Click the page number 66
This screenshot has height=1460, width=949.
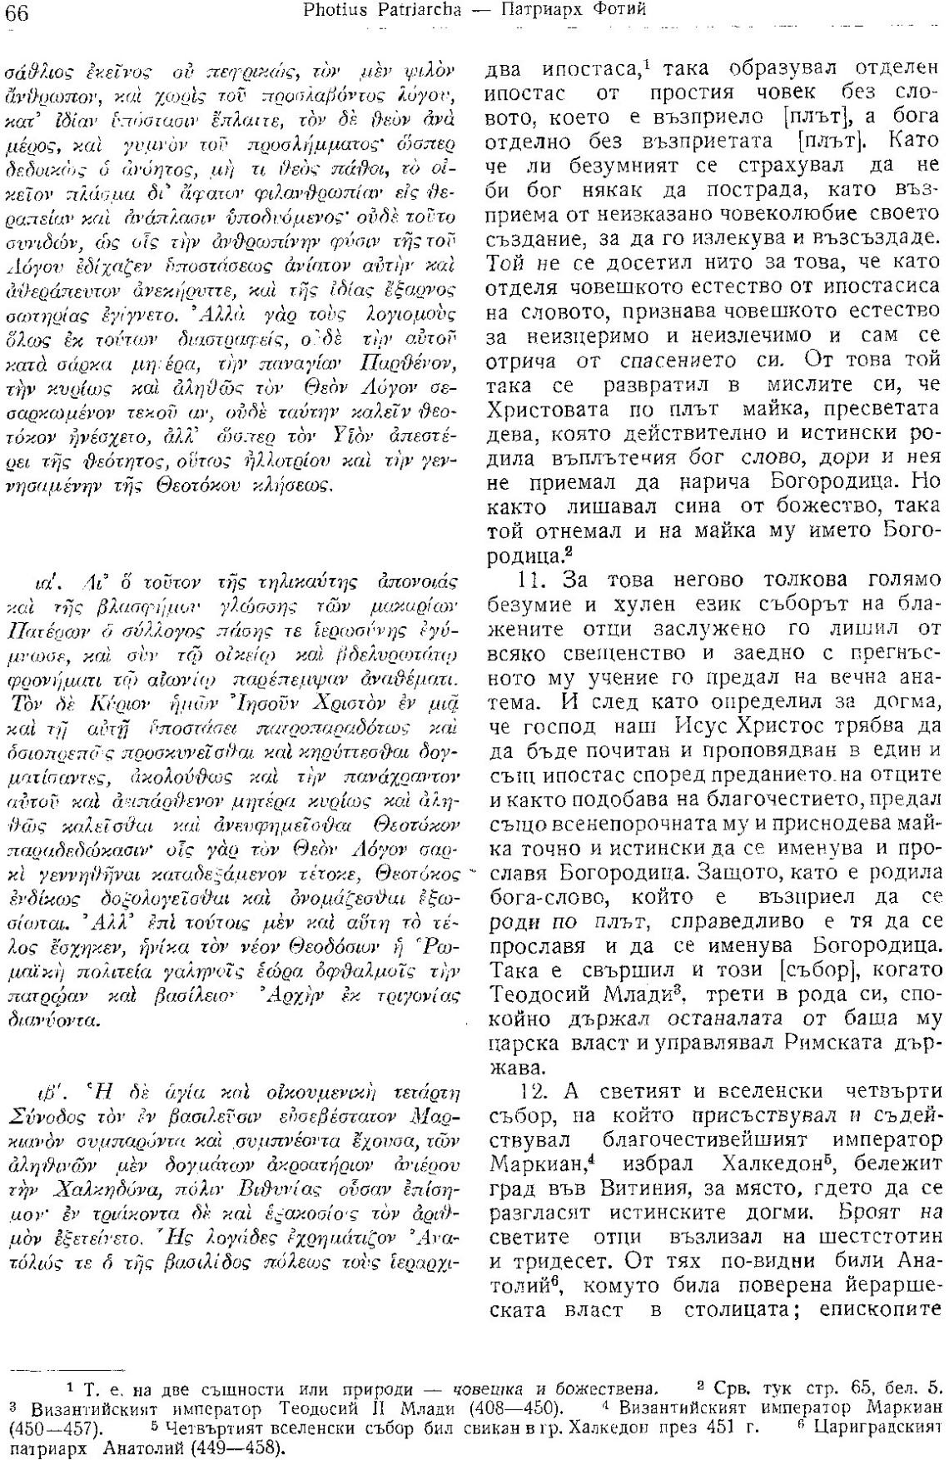pyautogui.click(x=17, y=11)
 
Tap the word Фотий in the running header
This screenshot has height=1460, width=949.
pyautogui.click(x=619, y=11)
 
